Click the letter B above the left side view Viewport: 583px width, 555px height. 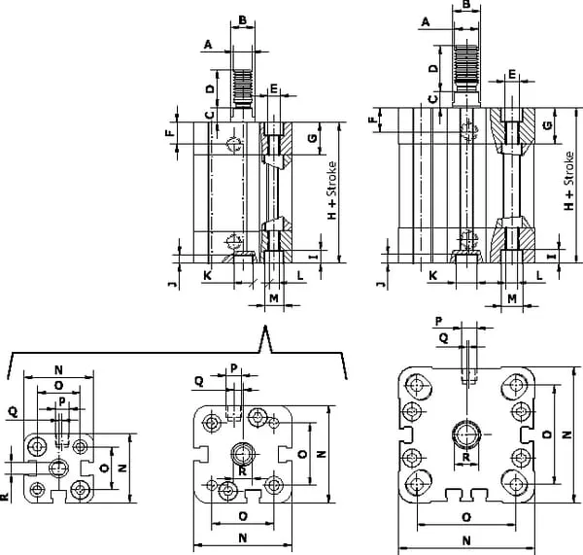coord(243,20)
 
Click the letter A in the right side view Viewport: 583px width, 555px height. coord(426,20)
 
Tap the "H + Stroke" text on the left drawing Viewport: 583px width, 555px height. coord(332,191)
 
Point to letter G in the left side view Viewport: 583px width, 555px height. coord(311,139)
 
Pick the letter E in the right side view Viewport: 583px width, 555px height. coord(513,74)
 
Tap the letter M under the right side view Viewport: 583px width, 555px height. coord(511,297)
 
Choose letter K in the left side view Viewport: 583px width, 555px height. coord(207,277)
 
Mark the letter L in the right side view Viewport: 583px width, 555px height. coord(538,277)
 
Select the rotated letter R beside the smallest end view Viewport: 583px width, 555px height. coord(6,497)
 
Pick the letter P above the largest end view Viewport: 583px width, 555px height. coord(439,320)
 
